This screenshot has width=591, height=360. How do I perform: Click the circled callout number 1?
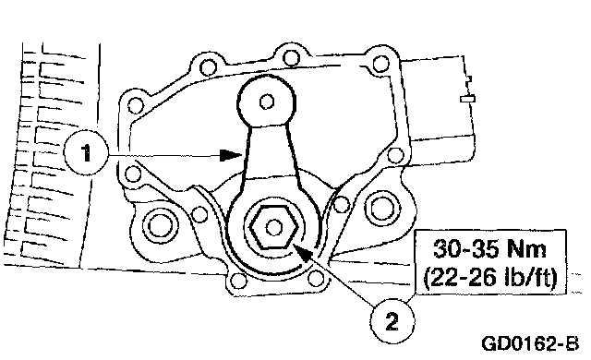(86, 153)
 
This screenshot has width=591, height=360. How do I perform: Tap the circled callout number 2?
(392, 321)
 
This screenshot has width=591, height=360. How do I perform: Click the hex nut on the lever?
(274, 227)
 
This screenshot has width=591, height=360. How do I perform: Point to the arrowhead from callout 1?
(231, 155)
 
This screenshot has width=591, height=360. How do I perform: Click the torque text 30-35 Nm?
(489, 248)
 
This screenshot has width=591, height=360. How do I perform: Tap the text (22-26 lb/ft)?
(490, 278)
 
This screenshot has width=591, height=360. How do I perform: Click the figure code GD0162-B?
(529, 343)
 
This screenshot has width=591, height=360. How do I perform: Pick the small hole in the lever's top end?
(267, 102)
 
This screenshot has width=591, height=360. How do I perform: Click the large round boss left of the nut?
(159, 226)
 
